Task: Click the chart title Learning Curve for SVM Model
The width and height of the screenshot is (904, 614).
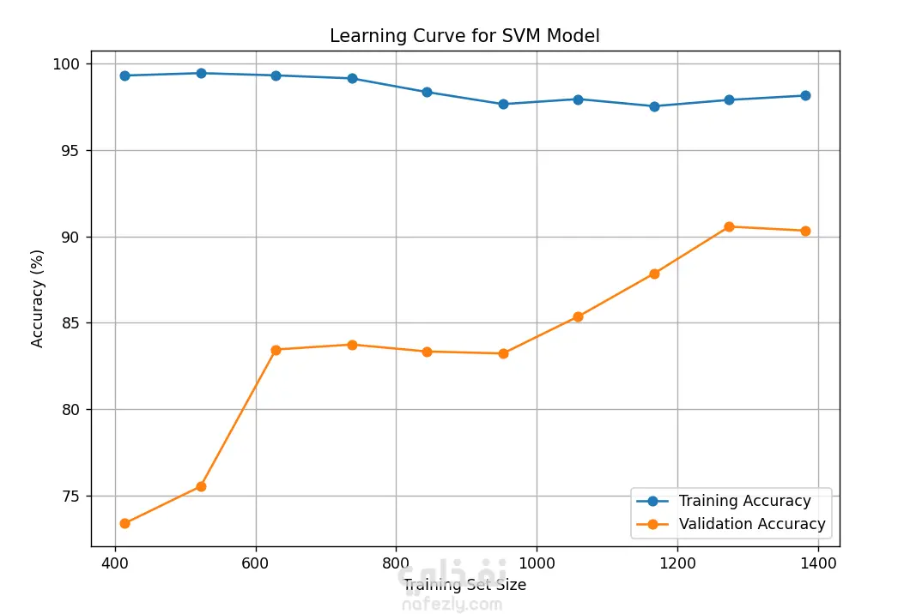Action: tap(464, 36)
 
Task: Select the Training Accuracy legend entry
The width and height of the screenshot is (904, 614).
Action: tap(744, 501)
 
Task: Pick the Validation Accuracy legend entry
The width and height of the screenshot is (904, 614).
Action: tap(751, 524)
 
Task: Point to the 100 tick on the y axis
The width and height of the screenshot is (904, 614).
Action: tap(69, 64)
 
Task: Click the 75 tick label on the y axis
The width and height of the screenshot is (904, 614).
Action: tap(72, 497)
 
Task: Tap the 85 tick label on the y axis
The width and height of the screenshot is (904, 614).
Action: tap(72, 323)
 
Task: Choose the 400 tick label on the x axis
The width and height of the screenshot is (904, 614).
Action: tap(115, 563)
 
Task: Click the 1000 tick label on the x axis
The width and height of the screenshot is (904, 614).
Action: tap(537, 563)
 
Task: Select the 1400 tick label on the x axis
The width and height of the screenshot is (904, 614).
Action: tap(817, 563)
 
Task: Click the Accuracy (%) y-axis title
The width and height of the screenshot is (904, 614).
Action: tap(38, 298)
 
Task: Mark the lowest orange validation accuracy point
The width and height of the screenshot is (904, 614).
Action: tap(124, 523)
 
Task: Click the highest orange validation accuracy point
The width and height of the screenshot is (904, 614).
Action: tap(729, 226)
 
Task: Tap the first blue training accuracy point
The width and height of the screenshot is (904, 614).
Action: tap(124, 75)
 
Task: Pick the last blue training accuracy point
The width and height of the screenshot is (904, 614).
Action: tap(805, 95)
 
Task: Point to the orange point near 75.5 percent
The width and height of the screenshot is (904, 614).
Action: tap(201, 486)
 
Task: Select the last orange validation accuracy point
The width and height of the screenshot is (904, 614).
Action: tap(805, 231)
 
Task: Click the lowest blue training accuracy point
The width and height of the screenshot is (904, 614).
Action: tap(654, 106)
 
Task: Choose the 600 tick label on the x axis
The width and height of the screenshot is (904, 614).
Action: tap(256, 563)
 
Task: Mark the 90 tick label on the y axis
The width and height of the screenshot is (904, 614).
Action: tap(72, 237)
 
